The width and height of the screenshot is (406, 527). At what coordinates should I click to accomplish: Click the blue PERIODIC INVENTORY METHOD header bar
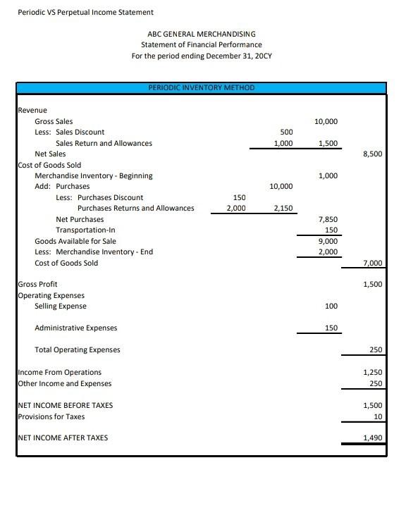[x=202, y=88]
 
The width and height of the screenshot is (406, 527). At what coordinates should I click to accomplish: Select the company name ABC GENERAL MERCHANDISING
[x=202, y=34]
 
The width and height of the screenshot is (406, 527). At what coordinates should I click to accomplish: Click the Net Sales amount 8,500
[x=372, y=154]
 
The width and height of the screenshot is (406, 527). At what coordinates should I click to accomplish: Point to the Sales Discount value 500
[x=286, y=132]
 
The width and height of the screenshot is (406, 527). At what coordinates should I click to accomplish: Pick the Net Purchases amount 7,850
[x=328, y=219]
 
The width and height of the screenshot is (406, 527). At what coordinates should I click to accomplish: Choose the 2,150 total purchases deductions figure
[x=283, y=209]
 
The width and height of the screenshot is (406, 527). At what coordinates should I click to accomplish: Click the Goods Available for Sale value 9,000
[x=328, y=241]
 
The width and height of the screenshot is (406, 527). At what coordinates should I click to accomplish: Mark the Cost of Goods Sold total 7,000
[x=372, y=263]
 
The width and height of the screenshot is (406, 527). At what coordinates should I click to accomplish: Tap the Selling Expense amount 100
[x=331, y=306]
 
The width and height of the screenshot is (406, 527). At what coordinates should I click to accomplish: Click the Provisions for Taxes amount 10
[x=377, y=416]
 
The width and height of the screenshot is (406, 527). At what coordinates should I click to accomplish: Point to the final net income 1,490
[x=372, y=438]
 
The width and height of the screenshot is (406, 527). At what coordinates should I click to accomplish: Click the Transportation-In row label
[x=85, y=230]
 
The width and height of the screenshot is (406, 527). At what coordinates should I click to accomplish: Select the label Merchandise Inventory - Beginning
[x=94, y=175]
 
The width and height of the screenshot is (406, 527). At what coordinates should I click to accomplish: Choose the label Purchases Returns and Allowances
[x=135, y=208]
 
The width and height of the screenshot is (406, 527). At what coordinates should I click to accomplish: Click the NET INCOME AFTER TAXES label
[x=63, y=438]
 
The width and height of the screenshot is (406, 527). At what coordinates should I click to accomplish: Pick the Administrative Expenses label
[x=76, y=328]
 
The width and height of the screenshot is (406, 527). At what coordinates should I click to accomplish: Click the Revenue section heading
[x=32, y=110]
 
